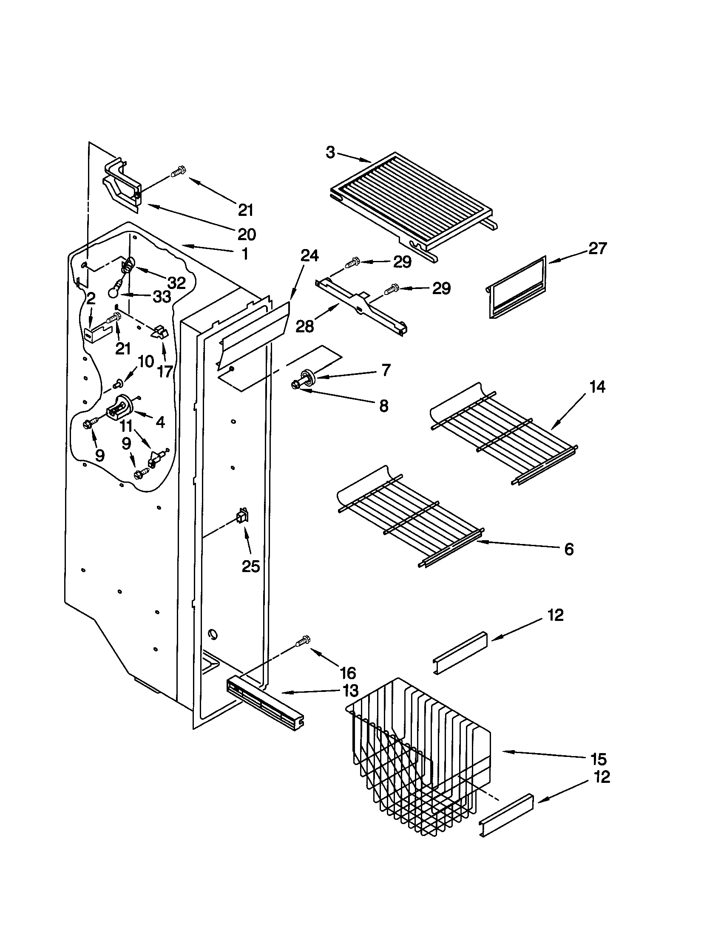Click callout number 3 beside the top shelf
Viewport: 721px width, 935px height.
pyautogui.click(x=330, y=153)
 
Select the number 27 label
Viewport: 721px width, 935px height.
pyautogui.click(x=598, y=248)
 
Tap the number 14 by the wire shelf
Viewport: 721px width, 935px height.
pyautogui.click(x=597, y=387)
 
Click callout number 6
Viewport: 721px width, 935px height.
pyautogui.click(x=568, y=549)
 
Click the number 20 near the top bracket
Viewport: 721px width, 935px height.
pyautogui.click(x=247, y=234)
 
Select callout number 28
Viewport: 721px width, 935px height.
pyautogui.click(x=305, y=326)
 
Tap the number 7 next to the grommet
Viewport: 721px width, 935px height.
pyautogui.click(x=386, y=369)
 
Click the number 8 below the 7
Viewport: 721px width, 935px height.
pyautogui.click(x=383, y=406)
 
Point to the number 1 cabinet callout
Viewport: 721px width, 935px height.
pyautogui.click(x=244, y=254)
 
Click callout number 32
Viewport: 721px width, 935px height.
pyautogui.click(x=176, y=282)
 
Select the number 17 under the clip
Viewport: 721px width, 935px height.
pyautogui.click(x=165, y=371)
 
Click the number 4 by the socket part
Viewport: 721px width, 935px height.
pyautogui.click(x=160, y=422)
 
